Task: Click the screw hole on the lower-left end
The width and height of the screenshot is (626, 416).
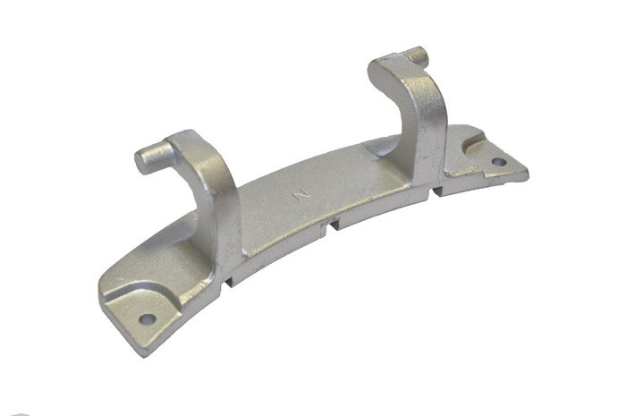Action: pyautogui.click(x=148, y=319)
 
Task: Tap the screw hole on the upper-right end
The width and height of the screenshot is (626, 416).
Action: pyautogui.click(x=499, y=162)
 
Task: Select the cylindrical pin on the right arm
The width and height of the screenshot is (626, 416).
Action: pyautogui.click(x=414, y=55)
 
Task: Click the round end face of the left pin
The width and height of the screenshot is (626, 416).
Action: pyautogui.click(x=140, y=162)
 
